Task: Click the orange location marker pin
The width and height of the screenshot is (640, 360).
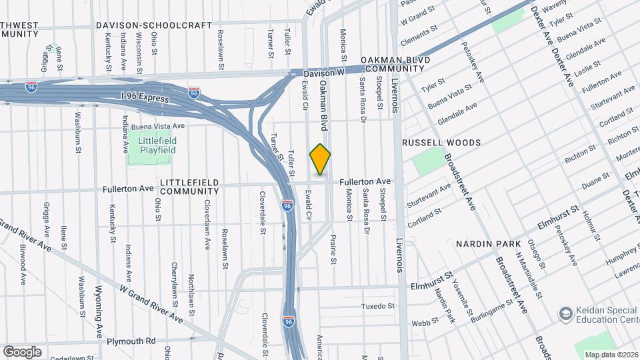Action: point(320,159)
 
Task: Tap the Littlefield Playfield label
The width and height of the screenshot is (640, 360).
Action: point(157,146)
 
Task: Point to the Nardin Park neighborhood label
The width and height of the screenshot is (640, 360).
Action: point(483,245)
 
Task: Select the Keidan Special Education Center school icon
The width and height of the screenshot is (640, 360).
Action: point(565,313)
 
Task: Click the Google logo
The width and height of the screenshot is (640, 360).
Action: point(22,351)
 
